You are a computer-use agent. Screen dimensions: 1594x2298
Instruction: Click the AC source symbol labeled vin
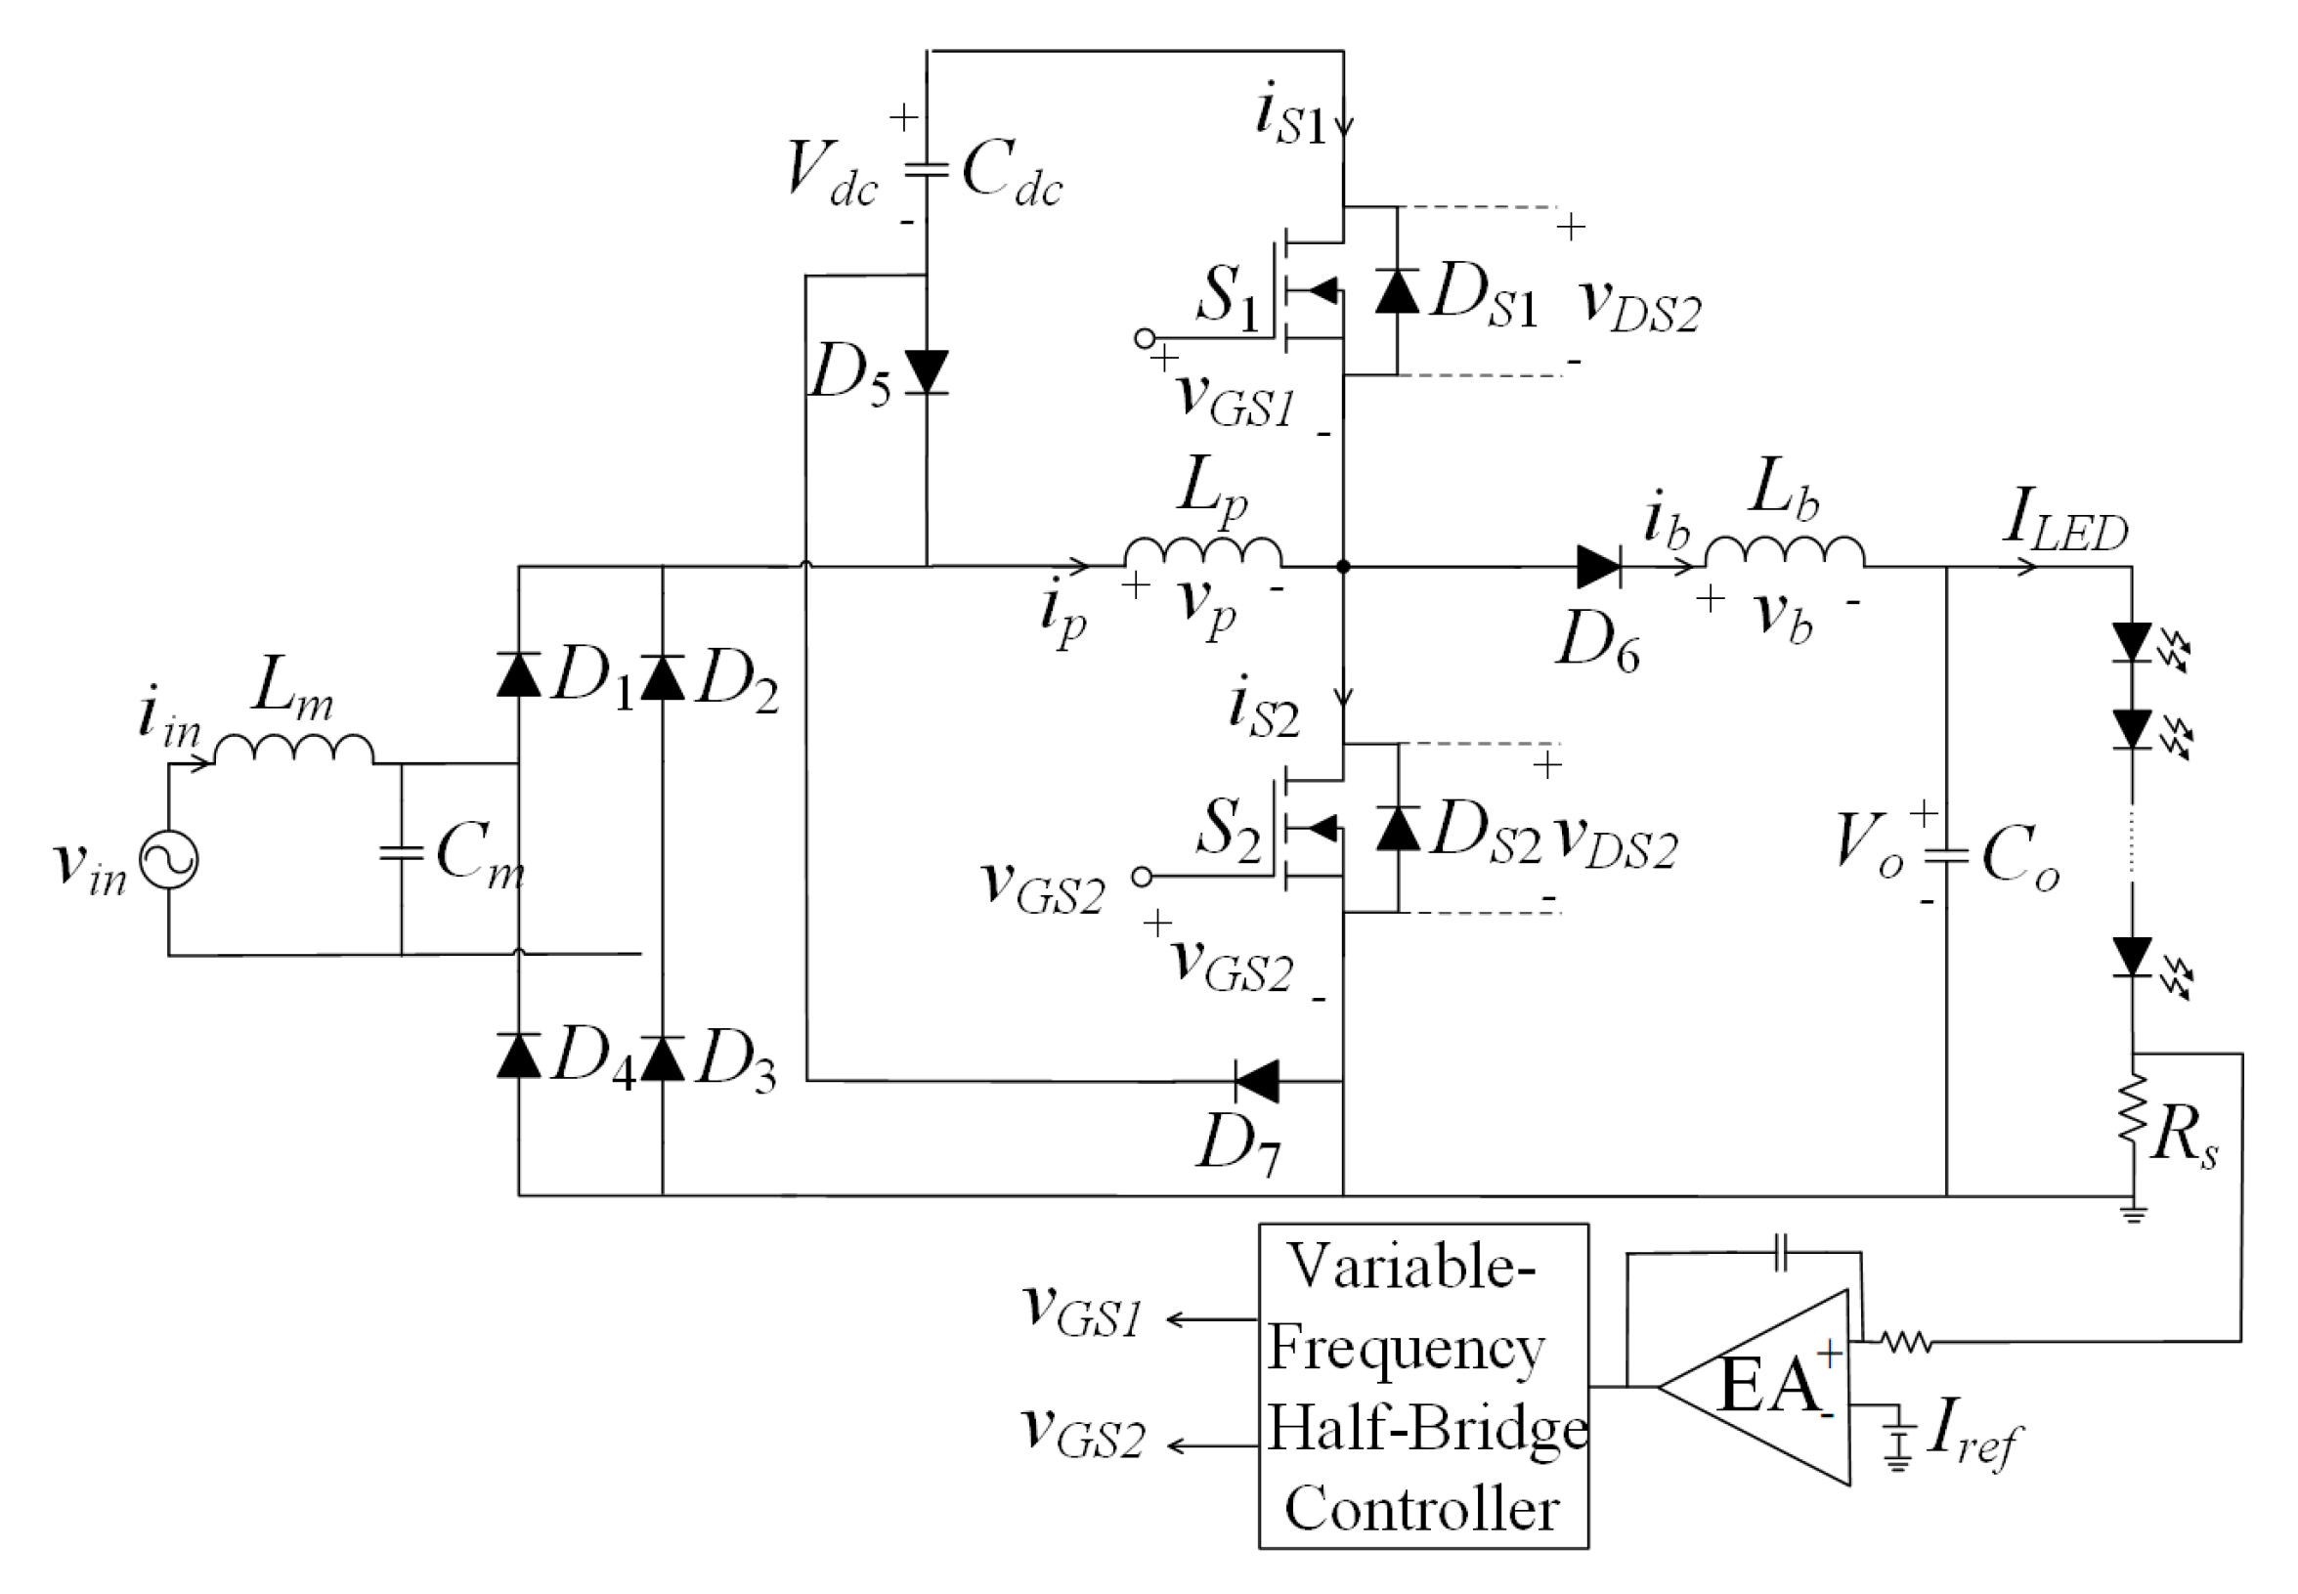pos(168,859)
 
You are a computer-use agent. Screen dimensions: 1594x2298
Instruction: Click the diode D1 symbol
pos(518,675)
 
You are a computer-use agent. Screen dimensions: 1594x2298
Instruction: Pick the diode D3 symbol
pos(662,1058)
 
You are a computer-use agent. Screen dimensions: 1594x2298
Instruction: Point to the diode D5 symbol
pos(926,371)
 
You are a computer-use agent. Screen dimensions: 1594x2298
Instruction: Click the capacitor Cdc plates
pos(926,170)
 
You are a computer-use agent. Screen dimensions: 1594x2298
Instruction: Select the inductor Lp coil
pos(1202,552)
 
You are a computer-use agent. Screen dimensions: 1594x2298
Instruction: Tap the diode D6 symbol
pos(1598,566)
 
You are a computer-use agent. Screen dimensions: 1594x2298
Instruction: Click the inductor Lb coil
pos(1784,552)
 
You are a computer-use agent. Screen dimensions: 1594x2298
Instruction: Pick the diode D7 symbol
pos(1257,1081)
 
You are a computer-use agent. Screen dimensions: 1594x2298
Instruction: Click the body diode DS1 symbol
pos(1396,290)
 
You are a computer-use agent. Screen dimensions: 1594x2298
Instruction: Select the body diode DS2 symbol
pos(1397,828)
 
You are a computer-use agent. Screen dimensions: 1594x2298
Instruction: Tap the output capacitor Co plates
pos(1945,855)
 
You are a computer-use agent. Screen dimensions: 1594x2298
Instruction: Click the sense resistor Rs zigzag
pos(2132,1106)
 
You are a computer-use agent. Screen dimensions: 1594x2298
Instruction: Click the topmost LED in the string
pos(2132,642)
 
